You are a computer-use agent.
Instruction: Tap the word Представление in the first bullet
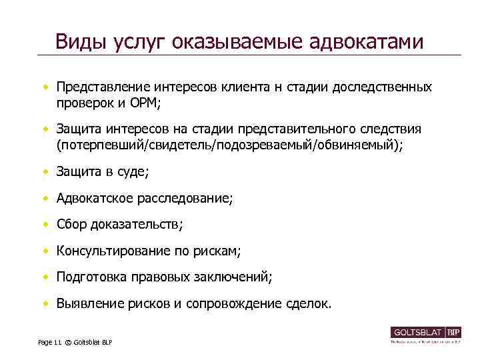[x=103, y=88]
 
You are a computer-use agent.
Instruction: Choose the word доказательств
[x=135, y=225]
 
